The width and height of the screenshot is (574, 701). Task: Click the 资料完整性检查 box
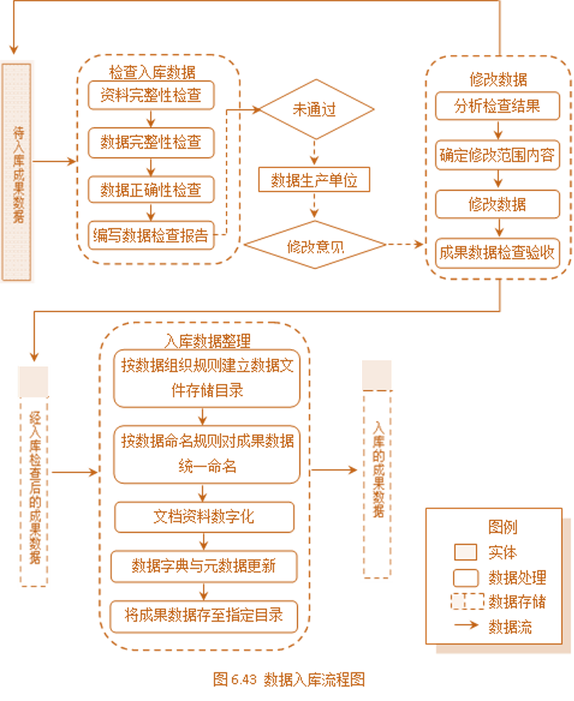coord(151,95)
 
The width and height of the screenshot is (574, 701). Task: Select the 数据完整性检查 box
coord(151,143)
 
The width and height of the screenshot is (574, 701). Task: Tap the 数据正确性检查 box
coord(151,189)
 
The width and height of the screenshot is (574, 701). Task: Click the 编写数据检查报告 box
coord(151,236)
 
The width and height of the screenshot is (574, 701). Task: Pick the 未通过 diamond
coord(316,110)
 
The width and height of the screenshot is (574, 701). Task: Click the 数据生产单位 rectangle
coord(314,180)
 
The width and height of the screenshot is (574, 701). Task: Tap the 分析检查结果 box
coord(497,106)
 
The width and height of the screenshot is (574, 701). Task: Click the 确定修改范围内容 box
coord(497,156)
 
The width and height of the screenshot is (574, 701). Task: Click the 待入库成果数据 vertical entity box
coord(17,172)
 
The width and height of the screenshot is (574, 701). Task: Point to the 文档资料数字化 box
coord(204,517)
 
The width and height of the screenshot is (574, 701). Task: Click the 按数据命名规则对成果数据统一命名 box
coord(207,453)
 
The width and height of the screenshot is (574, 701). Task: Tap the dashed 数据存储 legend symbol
coord(466,602)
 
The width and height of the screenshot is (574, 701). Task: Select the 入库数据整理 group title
coord(208,341)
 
